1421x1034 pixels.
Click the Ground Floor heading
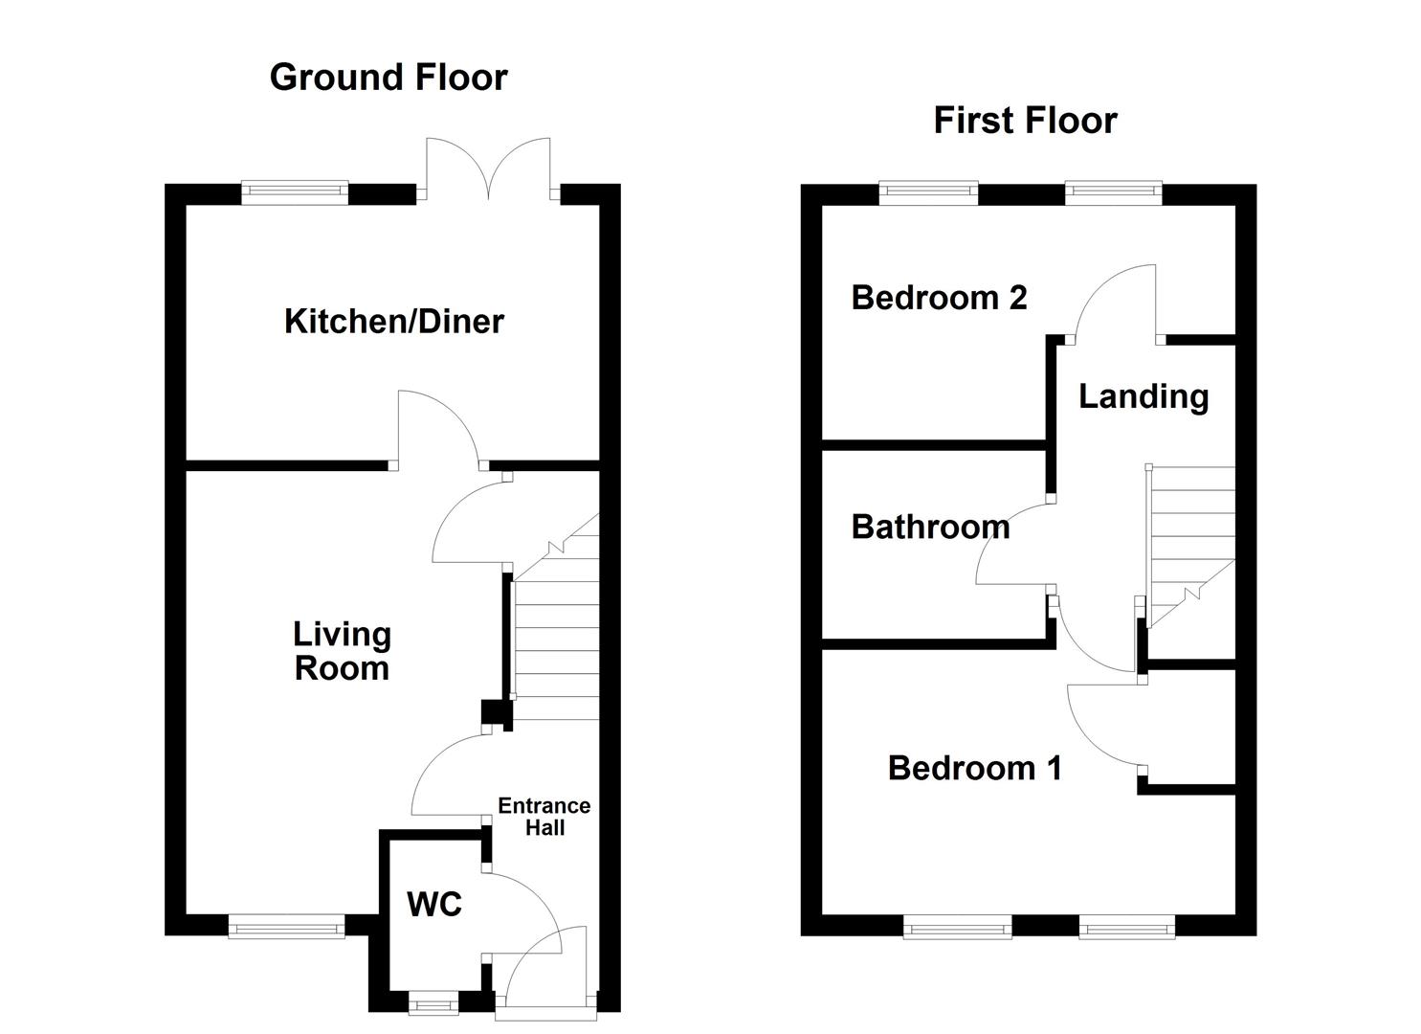(x=388, y=78)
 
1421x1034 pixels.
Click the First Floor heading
(x=1025, y=121)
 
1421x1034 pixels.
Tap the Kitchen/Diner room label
(x=393, y=322)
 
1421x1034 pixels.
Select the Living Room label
(x=342, y=651)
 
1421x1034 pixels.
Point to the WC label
(x=434, y=905)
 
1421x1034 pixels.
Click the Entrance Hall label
(x=544, y=817)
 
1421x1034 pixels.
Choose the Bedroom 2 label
(x=939, y=298)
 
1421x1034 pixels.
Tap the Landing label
(x=1143, y=396)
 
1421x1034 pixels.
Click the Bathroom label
(x=930, y=527)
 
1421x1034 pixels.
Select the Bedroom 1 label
(x=974, y=768)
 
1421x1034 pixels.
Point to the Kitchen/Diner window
(x=295, y=192)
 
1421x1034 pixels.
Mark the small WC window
(x=433, y=1004)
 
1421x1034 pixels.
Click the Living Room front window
(x=286, y=925)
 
